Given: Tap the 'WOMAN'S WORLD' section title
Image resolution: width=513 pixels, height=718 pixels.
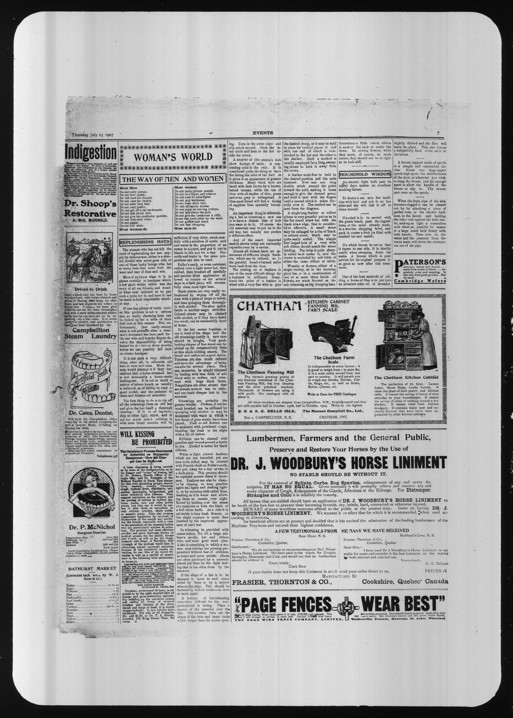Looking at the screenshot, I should [x=172, y=157].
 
